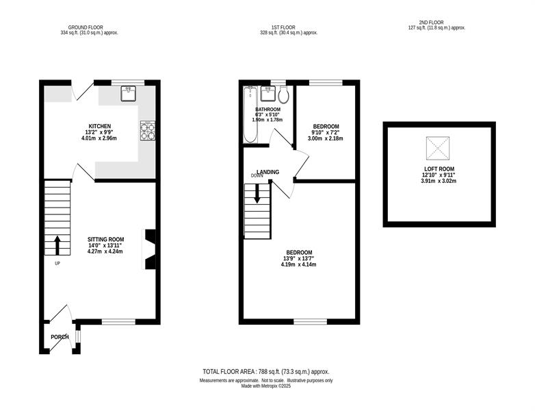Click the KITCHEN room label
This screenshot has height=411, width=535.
tap(100, 127)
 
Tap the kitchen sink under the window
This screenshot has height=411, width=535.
tap(129, 94)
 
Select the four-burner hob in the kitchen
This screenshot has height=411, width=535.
tap(148, 131)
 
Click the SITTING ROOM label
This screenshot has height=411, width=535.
tap(105, 240)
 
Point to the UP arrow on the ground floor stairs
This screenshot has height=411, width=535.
tap(57, 245)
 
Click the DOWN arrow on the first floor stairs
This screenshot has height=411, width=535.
tap(257, 193)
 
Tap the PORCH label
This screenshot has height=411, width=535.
tap(60, 337)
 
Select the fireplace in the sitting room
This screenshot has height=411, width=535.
tap(149, 249)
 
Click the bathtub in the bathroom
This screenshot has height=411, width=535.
tap(250, 114)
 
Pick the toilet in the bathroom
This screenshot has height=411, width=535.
tap(283, 95)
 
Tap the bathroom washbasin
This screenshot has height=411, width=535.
tap(268, 94)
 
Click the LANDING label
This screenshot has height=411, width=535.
tap(267, 172)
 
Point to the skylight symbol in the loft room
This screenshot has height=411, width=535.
tap(438, 148)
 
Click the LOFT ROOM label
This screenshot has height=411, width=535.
tap(439, 169)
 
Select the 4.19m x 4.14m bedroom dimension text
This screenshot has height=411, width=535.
tap(298, 264)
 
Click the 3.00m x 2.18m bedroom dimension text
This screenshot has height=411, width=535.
tap(326, 138)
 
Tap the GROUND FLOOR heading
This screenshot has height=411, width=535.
tap(86, 27)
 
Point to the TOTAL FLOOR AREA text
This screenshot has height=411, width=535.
tap(266, 372)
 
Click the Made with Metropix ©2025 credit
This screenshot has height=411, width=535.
tap(266, 386)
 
